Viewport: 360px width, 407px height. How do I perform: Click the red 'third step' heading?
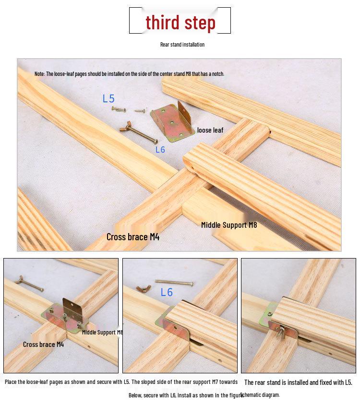point(180,23)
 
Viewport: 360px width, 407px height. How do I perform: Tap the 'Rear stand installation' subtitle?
point(182,44)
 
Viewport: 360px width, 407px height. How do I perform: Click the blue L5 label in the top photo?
point(108,99)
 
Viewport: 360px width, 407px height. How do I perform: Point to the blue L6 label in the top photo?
point(160,149)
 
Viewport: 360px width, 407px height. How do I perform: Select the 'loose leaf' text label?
point(210,130)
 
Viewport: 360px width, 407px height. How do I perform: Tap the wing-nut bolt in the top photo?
point(139,132)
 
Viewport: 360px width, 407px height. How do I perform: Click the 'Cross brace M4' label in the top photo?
point(133,237)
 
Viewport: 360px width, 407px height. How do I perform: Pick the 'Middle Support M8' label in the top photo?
point(229,225)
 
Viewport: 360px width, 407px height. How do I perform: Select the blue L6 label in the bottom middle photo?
point(167,292)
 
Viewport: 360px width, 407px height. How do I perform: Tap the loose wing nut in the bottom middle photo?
point(144,288)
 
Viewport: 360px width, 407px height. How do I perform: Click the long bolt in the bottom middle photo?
point(174,283)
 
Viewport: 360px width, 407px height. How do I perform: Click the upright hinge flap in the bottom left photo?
point(72,308)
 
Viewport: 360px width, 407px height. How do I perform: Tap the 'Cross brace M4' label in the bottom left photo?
point(43,345)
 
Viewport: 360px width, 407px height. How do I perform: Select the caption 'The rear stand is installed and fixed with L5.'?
point(298,382)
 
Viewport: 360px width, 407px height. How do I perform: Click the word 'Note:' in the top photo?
point(39,74)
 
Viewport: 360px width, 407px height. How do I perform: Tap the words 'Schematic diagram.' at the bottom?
point(260,395)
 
